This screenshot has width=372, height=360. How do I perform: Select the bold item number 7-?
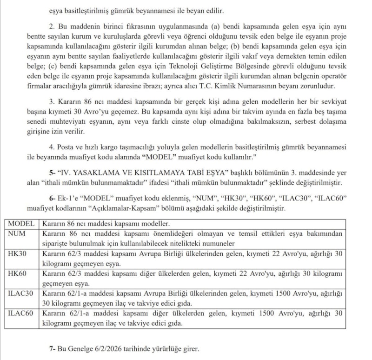pyautogui.click(x=52, y=348)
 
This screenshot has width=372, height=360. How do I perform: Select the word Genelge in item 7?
pyautogui.click(x=81, y=348)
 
